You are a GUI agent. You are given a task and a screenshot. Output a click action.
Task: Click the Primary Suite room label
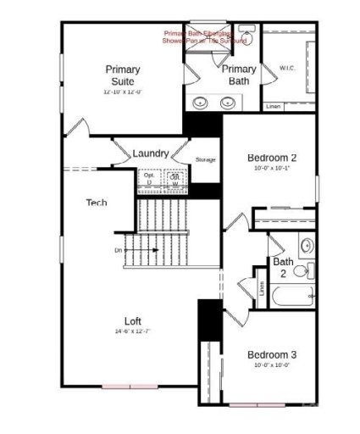[123, 75]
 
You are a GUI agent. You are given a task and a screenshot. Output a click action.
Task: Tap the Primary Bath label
[240, 75]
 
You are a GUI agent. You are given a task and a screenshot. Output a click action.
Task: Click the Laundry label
[150, 153]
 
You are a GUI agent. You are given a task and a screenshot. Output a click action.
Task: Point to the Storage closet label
[205, 159]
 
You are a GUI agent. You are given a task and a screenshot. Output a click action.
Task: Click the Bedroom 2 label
[271, 158]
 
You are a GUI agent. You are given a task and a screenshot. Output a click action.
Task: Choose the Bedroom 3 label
[271, 353]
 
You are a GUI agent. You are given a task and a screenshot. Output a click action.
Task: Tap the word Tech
[96, 203]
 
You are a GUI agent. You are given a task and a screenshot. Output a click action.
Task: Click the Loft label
[133, 321]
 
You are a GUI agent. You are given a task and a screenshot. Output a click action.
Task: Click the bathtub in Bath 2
[291, 297]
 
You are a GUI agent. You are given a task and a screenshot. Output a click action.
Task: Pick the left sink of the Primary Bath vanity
[201, 103]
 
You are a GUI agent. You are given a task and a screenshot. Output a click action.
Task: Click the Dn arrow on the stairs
[140, 251]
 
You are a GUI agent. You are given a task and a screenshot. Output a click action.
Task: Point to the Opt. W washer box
[174, 180]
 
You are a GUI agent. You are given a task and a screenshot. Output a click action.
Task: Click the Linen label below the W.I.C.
[273, 107]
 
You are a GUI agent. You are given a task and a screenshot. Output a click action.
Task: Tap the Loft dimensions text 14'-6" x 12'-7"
[132, 331]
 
